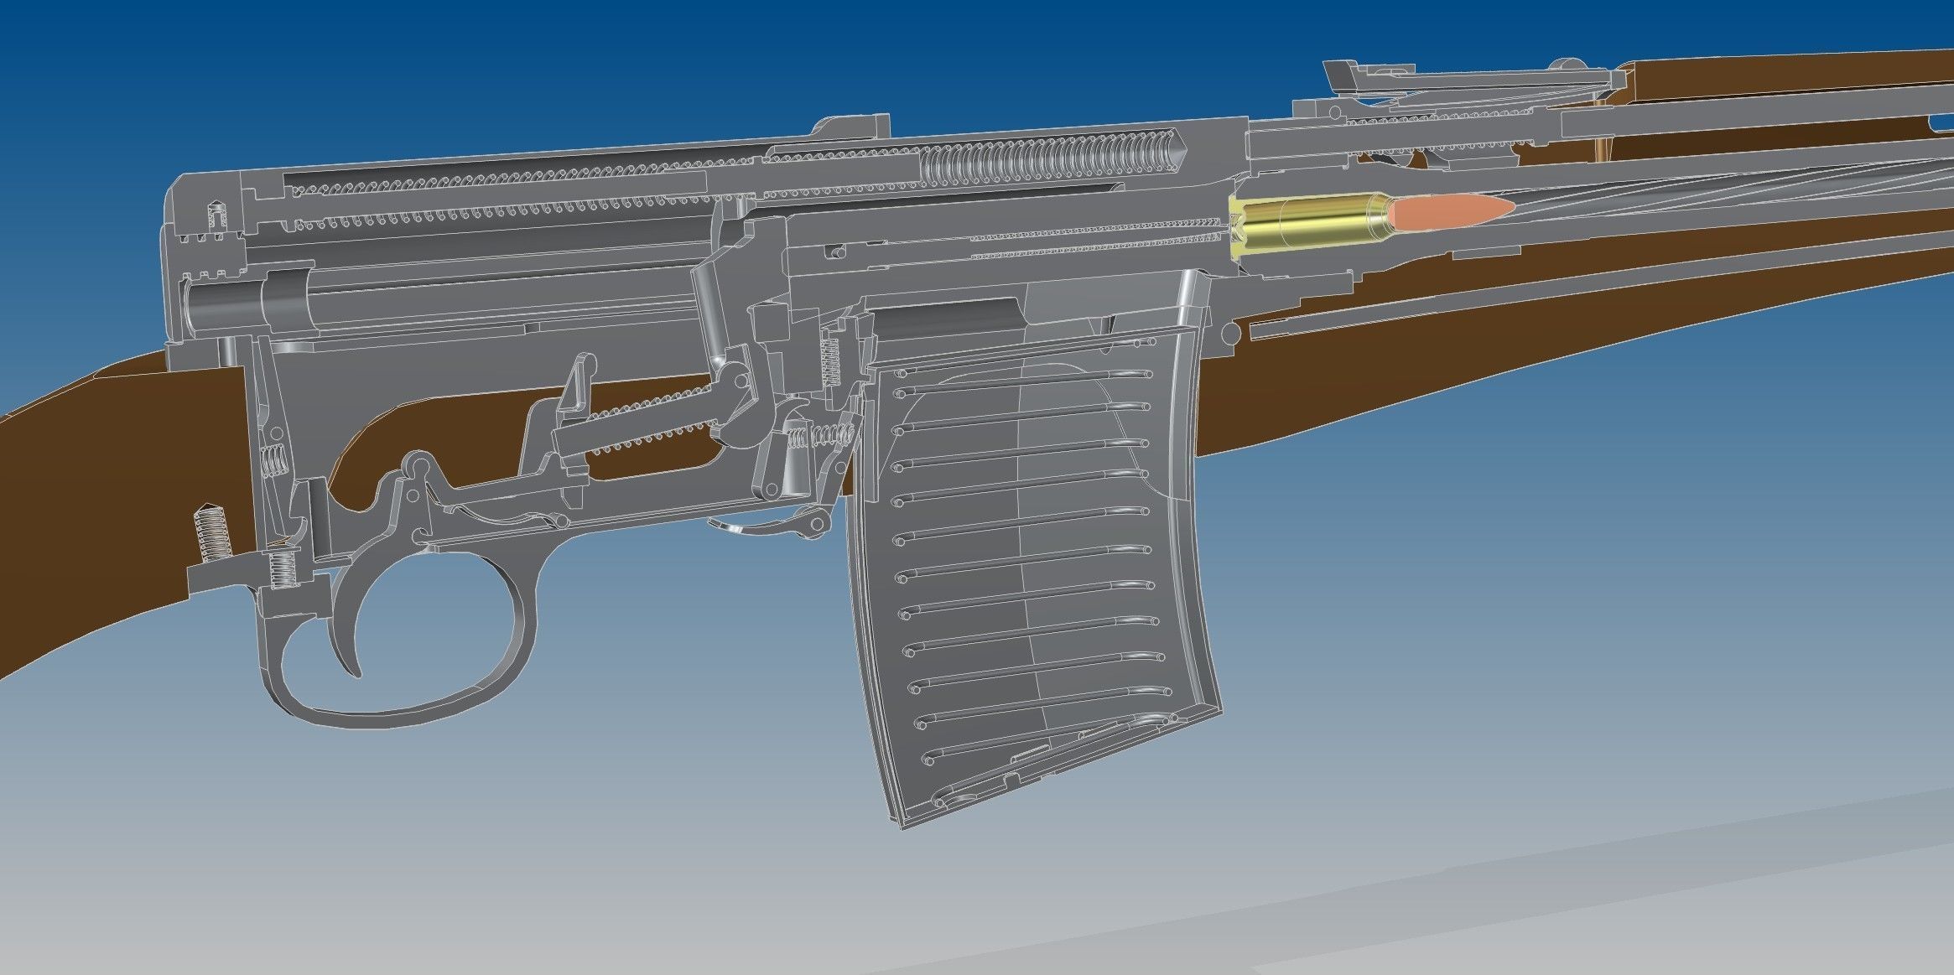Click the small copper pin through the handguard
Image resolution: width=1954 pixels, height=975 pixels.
[1603, 151]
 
